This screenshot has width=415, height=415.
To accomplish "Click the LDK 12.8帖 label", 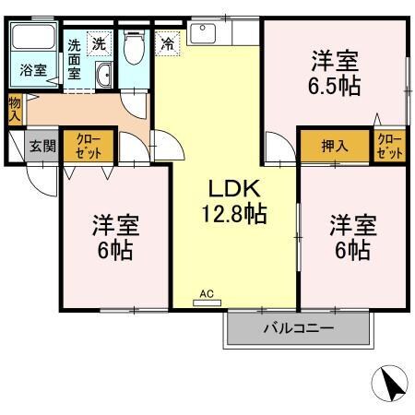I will tap(235, 202).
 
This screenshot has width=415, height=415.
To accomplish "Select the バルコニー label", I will tap(298, 328).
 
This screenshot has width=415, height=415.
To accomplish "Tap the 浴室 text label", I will tap(32, 70).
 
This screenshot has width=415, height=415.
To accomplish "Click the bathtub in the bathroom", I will tap(33, 41).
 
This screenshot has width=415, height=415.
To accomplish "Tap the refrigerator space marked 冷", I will tap(167, 41).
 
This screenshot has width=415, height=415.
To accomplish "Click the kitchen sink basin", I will tap(202, 35).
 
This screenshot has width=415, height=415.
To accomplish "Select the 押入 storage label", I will tap(334, 145).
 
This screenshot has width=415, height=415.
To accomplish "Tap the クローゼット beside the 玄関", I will tap(89, 145).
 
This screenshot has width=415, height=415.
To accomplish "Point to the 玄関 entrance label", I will tap(41, 145).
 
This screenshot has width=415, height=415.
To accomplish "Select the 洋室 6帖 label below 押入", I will tap(352, 237).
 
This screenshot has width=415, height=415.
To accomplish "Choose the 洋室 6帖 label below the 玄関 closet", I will tap(113, 237).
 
